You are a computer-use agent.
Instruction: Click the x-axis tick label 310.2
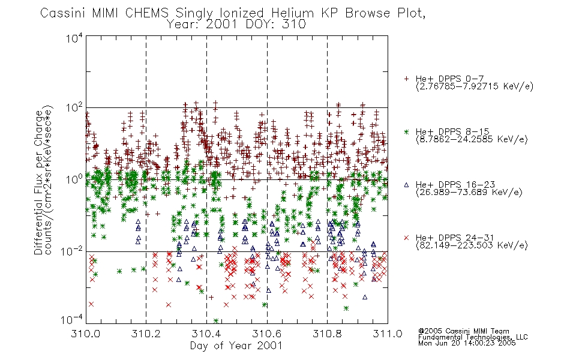tap(146, 334)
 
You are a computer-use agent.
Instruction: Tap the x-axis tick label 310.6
tap(266, 334)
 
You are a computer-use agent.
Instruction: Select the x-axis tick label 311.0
tap(388, 334)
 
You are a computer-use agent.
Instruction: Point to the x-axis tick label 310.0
tap(85, 334)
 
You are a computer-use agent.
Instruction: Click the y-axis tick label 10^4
tap(74, 38)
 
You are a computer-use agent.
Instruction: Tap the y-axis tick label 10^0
tap(74, 179)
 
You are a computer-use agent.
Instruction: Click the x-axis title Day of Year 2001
tap(236, 346)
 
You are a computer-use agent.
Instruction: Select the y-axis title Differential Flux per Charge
tap(38, 182)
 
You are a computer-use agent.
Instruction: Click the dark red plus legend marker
tap(406, 79)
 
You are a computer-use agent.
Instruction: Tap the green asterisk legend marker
tap(406, 131)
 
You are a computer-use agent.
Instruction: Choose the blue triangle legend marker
tap(406, 185)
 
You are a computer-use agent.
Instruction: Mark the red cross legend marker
tap(406, 238)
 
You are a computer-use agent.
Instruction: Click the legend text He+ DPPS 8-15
tap(452, 131)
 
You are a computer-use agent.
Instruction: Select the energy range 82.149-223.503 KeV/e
tap(472, 245)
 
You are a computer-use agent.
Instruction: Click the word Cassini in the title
tap(62, 13)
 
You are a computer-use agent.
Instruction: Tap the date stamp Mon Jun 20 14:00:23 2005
tap(467, 343)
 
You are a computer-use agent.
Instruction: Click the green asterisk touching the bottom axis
tap(216, 321)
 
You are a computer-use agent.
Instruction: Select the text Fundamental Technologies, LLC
tap(473, 337)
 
